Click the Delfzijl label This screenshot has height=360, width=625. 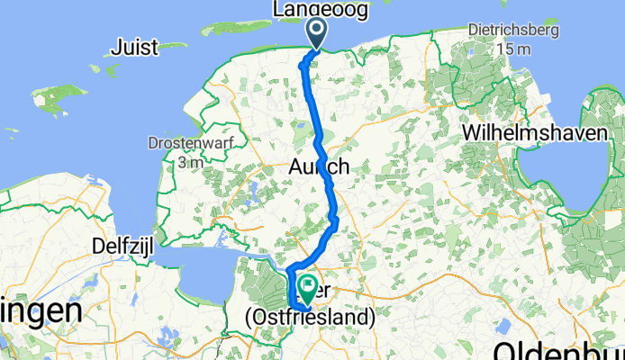point(122,245)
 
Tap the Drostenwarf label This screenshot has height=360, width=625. point(189,144)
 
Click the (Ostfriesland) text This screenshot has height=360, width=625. point(310,318)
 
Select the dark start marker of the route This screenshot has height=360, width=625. point(318,33)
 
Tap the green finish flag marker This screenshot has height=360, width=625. point(306,288)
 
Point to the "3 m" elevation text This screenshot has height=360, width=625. point(189,162)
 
